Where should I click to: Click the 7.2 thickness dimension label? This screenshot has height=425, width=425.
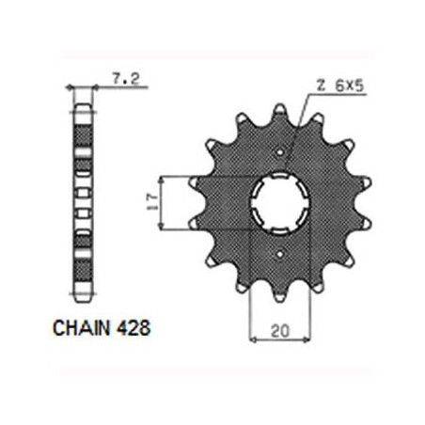point(126,78)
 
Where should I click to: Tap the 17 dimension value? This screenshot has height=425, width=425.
point(152,202)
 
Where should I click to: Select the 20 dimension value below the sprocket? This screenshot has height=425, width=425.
point(280,331)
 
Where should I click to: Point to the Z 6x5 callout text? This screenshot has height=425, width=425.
point(339,86)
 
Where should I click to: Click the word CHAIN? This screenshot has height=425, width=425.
point(82,328)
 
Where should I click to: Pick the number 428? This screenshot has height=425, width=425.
point(133,328)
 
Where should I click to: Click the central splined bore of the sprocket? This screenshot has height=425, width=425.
point(280,203)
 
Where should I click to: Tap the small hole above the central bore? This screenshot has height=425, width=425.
point(280,152)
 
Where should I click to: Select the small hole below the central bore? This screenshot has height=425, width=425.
point(279,254)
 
